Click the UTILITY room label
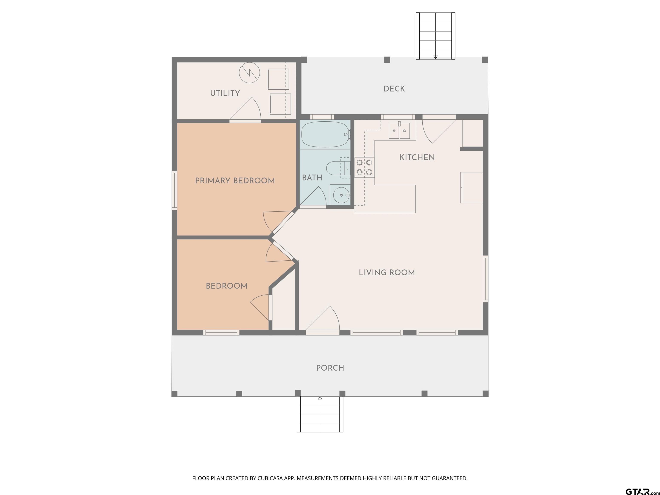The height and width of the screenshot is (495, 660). pos(225,93)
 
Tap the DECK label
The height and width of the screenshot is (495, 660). pos(394,89)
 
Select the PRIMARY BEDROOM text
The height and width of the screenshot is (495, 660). pos(235,180)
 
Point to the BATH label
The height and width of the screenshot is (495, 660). pos(312,177)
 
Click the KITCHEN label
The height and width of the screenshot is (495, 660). pos(417,157)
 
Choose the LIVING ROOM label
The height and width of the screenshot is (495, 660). pos(387,272)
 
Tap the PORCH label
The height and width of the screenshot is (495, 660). pos(330,368)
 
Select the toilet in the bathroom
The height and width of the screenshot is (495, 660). pos(338,169)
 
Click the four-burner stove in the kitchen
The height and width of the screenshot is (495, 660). pos(364,167)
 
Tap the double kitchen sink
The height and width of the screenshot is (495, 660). pos(399,131)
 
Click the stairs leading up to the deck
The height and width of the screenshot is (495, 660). pos(436,36)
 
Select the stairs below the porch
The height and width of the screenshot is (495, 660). pos(320,414)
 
